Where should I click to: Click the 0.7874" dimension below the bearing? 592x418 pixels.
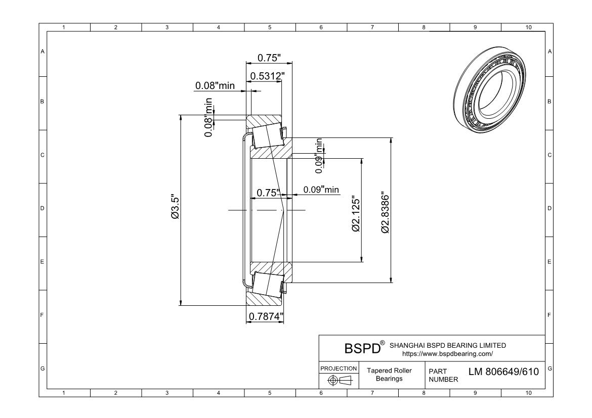pos(265,316)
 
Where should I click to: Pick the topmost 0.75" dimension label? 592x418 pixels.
pos(269,58)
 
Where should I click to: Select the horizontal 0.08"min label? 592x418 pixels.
pos(215,85)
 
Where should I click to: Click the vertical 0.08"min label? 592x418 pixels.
pos(208,118)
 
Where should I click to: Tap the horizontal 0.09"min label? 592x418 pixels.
pos(321,190)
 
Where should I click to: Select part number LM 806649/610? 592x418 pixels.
pos(503,372)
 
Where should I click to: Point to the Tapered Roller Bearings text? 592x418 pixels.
pos(389,375)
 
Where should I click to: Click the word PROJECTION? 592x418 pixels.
pos(339,368)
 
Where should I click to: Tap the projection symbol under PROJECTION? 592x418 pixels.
pos(339,380)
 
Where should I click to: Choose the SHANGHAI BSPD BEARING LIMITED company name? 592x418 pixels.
pos(447,345)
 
